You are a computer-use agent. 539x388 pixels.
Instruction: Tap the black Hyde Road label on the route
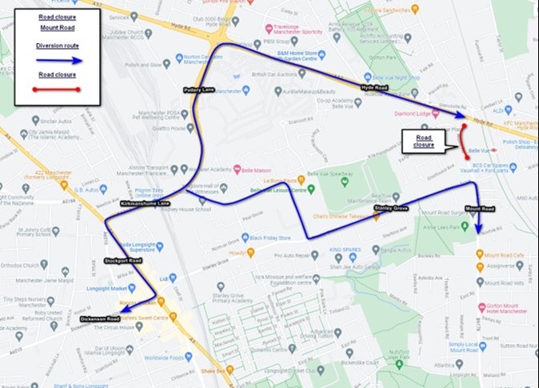373,86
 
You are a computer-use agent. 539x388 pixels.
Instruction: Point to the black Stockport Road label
122,261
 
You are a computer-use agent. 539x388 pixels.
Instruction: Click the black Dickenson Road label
100,319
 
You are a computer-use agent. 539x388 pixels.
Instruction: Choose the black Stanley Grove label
391,208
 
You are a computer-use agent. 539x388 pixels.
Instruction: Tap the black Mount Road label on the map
480,209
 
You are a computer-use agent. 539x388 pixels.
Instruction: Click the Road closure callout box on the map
423,142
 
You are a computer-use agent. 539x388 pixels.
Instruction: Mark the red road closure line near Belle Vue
462,142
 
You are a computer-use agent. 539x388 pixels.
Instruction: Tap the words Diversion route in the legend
58,46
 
